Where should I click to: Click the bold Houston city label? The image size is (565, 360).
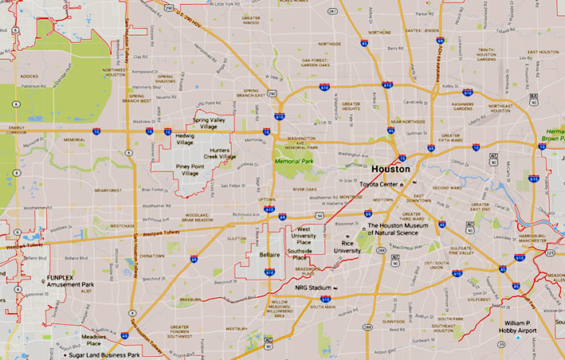tap(391, 170)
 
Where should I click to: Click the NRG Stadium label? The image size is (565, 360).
tap(312, 288)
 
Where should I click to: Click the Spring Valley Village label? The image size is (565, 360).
tap(210, 123)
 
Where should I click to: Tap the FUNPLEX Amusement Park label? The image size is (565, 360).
tap(70, 280)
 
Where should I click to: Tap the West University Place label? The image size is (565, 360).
tap(304, 233)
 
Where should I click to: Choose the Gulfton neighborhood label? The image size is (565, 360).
tap(236, 237)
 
